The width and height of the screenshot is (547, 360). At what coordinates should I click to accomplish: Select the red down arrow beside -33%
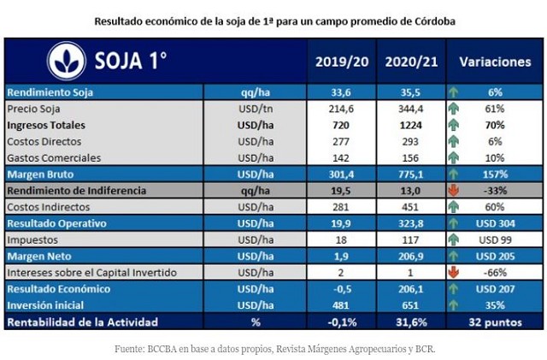click(x=451, y=190)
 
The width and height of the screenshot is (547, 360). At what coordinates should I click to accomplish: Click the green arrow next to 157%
click(x=451, y=174)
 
